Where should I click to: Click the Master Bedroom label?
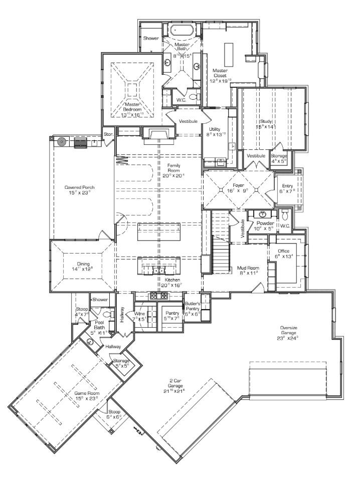132,106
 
